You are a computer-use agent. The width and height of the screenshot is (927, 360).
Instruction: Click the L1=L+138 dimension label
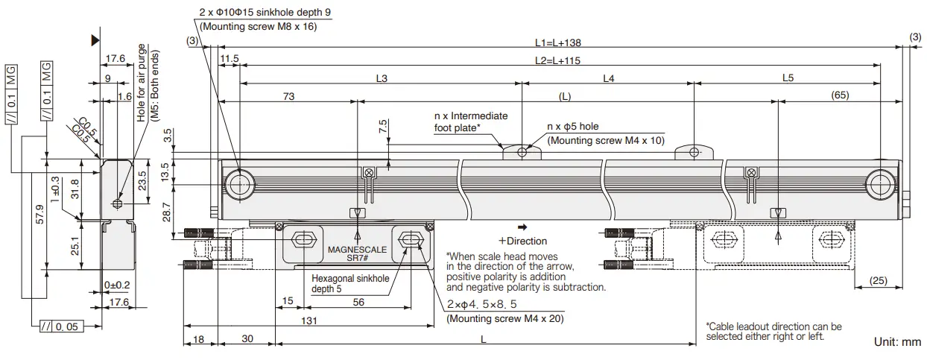click(x=559, y=43)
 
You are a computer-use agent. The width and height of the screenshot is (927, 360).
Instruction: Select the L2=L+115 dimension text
click(x=559, y=61)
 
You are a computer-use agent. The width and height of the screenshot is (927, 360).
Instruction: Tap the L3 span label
click(x=382, y=78)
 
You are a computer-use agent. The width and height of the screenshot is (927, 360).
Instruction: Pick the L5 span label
click(x=788, y=78)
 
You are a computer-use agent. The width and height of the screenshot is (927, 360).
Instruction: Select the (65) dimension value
click(x=841, y=96)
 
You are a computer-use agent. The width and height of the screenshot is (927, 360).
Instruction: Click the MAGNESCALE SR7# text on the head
click(x=357, y=254)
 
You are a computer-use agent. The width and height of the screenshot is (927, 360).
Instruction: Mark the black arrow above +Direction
click(x=522, y=227)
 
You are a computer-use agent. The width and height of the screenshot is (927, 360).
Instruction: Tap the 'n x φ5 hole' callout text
click(x=573, y=127)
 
